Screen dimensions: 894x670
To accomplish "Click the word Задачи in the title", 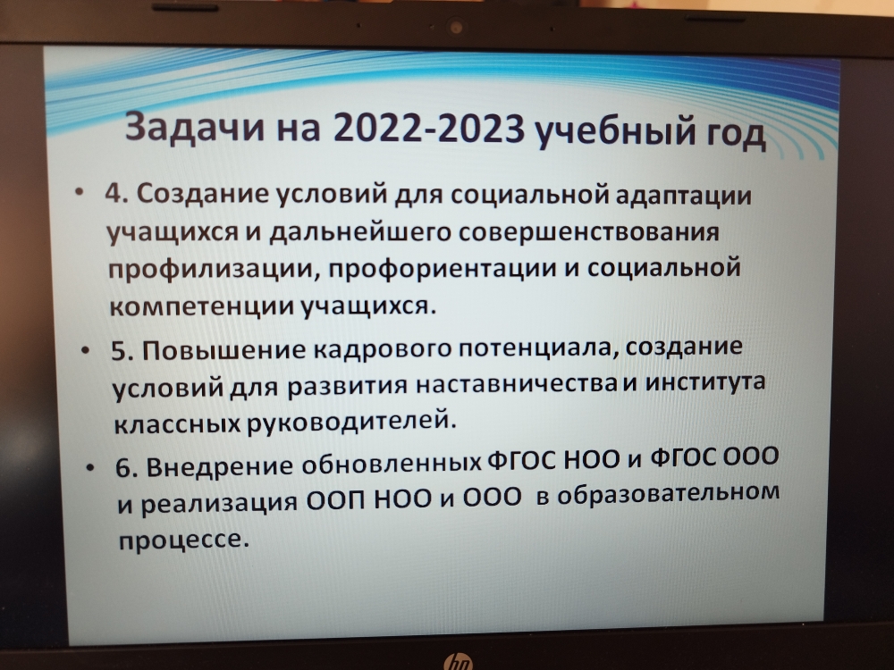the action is point(195,127).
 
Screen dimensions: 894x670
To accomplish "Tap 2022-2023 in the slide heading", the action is point(429,129).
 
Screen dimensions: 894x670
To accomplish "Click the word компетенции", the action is point(200,306).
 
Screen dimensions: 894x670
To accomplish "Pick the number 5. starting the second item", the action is point(122,350).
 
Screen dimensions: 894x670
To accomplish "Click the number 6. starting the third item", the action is point(126,468).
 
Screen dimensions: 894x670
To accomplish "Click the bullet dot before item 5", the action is point(86,350).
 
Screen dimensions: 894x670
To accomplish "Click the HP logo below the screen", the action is point(458,662).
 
